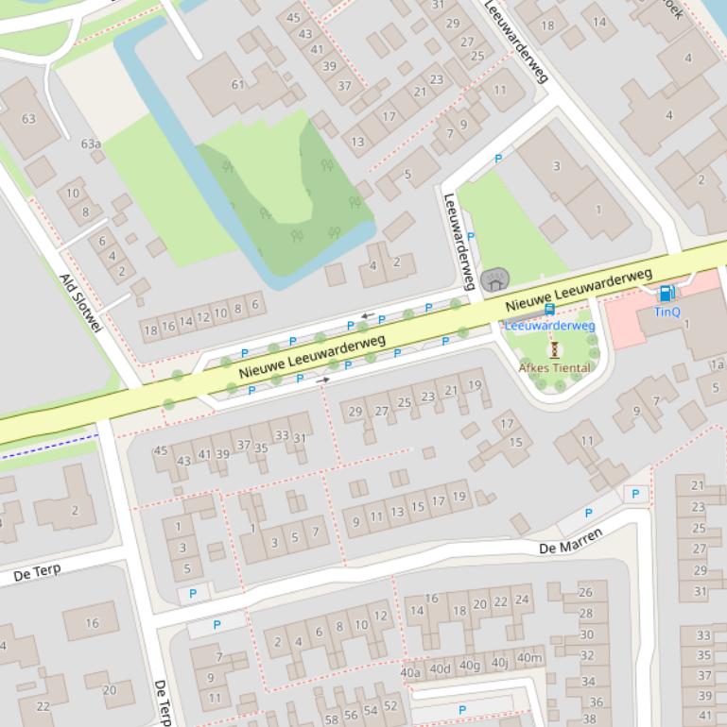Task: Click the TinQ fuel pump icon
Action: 666,294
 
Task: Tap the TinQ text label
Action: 666,312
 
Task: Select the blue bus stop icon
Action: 549,310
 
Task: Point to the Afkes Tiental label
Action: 555,367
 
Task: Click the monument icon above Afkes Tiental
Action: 555,349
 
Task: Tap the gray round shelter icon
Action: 494,280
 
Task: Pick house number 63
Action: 28,118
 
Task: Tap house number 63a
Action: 91,144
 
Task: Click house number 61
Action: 237,84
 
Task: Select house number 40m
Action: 529,658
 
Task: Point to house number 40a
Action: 410,672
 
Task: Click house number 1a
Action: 717,364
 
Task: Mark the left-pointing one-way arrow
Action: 367,315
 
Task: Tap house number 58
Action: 331,719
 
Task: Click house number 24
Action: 522,600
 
